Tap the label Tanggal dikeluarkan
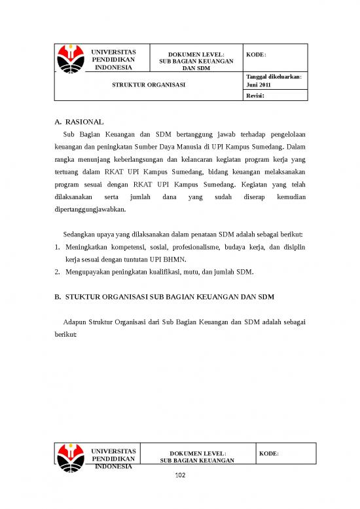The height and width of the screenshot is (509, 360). [x=273, y=77]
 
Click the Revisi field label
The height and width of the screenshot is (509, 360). [x=255, y=96]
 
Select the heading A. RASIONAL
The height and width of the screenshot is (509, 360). [x=79, y=121]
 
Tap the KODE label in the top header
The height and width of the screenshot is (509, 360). [x=257, y=55]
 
